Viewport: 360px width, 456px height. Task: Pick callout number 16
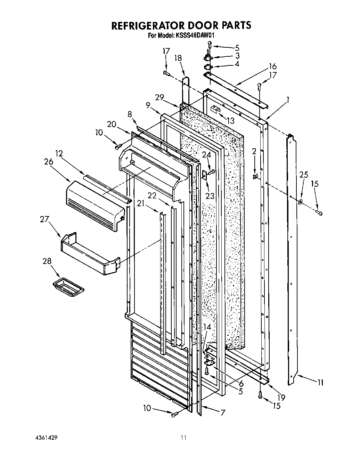[272, 66]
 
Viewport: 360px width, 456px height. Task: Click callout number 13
[230, 121]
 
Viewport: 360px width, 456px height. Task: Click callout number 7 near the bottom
[222, 413]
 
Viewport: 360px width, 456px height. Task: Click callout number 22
[152, 196]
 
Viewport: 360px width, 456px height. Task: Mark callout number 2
[254, 151]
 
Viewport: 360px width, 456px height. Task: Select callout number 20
[112, 124]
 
